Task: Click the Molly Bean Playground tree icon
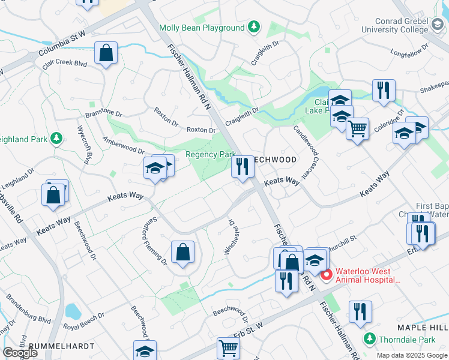click(254, 28)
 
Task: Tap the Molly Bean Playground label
click(202, 28)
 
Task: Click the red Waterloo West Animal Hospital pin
click(327, 275)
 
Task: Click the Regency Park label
click(209, 154)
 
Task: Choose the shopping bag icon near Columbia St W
click(106, 53)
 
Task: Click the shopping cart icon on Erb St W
click(228, 347)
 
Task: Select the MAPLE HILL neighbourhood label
click(422, 327)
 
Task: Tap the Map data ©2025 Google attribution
click(412, 355)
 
